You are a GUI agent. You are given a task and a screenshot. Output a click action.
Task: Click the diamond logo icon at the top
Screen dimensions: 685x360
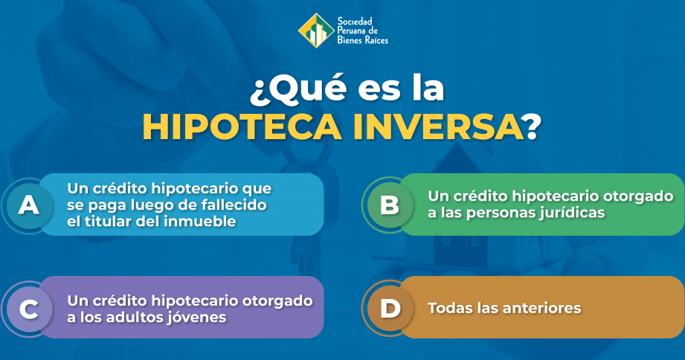tap(316, 30)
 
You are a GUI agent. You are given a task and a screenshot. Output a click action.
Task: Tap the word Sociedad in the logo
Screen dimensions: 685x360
tap(355, 22)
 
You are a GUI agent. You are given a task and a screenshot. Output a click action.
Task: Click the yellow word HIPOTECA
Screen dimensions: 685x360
tap(242, 127)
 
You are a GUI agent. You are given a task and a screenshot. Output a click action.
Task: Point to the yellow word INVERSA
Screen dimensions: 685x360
tap(438, 127)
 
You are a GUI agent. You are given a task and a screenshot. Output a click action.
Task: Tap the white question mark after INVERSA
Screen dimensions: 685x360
tap(533, 127)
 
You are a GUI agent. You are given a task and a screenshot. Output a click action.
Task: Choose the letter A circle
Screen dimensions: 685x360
tap(29, 205)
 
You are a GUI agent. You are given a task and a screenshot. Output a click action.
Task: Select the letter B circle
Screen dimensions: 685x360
tap(390, 205)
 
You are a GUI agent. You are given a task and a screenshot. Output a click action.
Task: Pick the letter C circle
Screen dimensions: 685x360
tap(29, 309)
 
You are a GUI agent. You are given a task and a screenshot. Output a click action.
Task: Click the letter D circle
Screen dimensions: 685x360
tap(390, 309)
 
